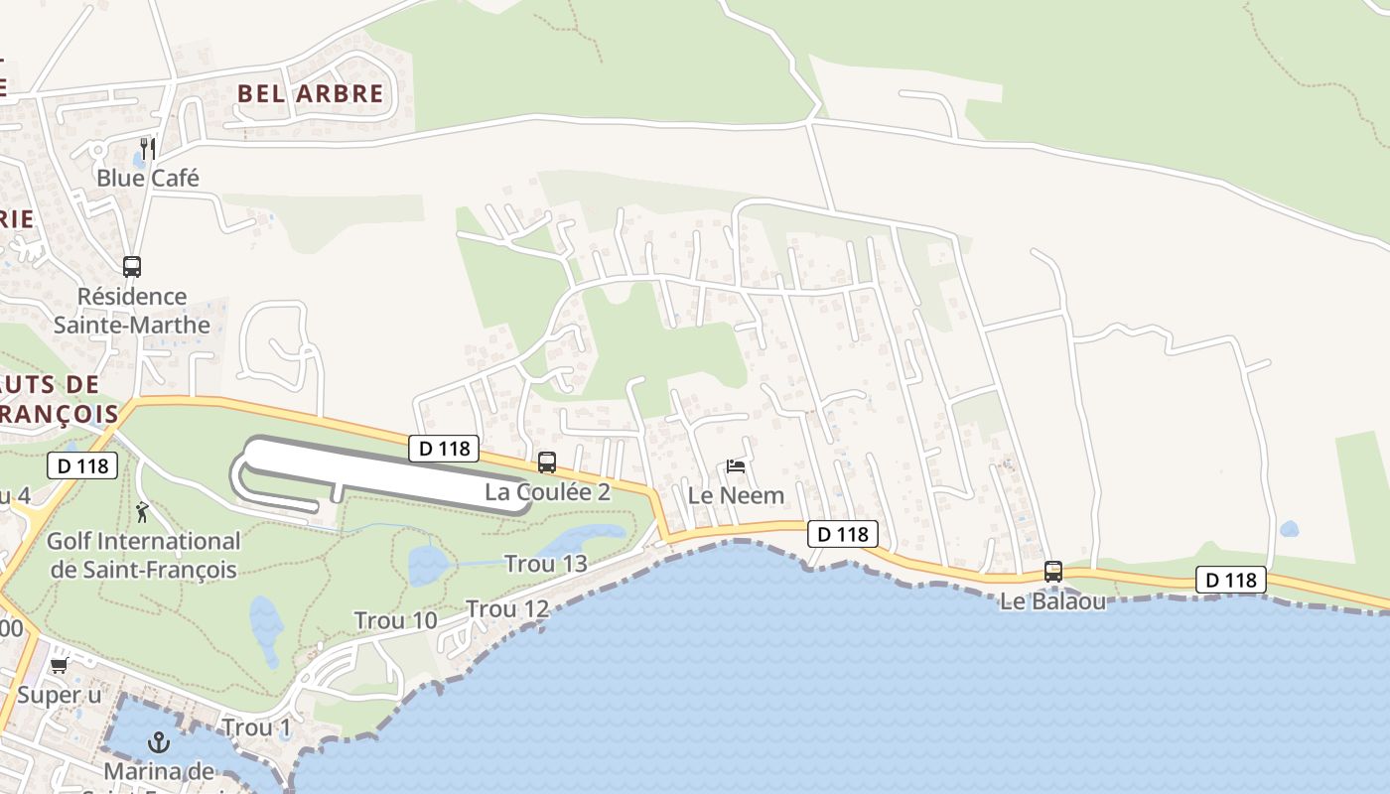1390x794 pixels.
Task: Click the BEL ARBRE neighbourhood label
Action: tap(310, 93)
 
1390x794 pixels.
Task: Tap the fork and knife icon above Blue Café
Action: tap(148, 149)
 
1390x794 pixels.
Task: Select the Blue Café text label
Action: tap(148, 178)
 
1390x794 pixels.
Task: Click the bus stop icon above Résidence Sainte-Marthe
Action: tap(132, 266)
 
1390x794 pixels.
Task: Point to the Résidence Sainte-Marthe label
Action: tap(131, 311)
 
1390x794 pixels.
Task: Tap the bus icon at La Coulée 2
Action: tap(547, 462)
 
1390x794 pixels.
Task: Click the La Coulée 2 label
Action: tap(547, 491)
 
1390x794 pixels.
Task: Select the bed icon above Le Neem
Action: tap(736, 465)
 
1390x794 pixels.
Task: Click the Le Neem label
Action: tap(736, 494)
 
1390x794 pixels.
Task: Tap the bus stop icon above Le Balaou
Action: tap(1053, 572)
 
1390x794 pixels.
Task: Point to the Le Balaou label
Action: tap(1052, 601)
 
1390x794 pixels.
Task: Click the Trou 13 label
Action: tap(545, 564)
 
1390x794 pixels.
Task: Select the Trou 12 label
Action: tap(507, 608)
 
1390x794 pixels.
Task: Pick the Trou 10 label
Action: tap(395, 621)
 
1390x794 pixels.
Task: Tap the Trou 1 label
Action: tap(256, 728)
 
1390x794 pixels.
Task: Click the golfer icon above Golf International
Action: tap(142, 513)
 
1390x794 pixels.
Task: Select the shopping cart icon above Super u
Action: tap(60, 666)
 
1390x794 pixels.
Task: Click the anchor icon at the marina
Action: tap(159, 742)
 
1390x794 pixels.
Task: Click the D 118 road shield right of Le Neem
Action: tap(844, 534)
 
